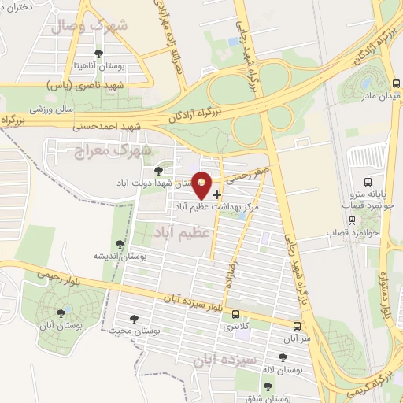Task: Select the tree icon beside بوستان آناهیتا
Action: click(x=98, y=54)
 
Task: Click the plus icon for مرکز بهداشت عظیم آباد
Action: click(x=217, y=194)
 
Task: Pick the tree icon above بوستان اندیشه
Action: click(x=119, y=245)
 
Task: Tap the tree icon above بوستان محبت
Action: click(x=130, y=319)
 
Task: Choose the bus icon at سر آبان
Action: click(x=297, y=326)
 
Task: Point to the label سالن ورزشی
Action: click(x=50, y=108)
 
